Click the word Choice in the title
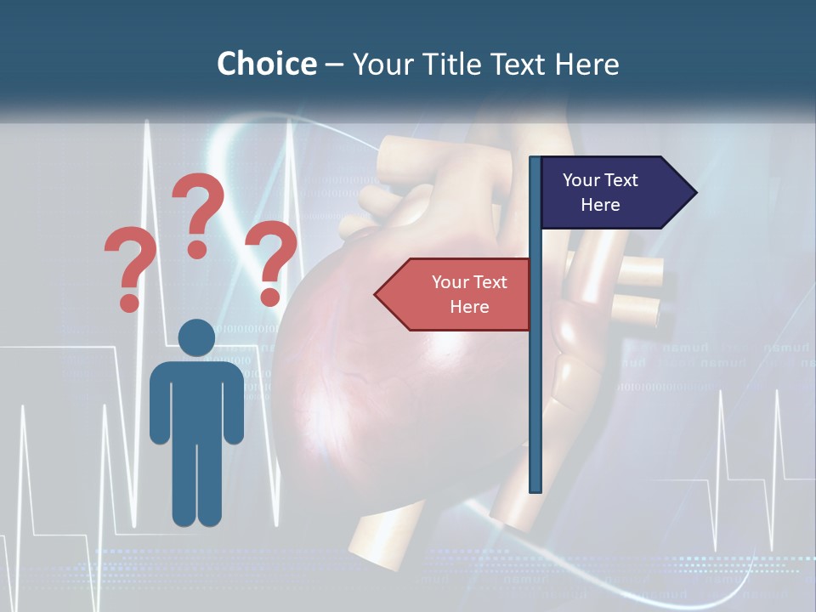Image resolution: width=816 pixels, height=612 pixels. (266, 64)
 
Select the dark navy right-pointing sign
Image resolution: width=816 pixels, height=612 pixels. (612, 193)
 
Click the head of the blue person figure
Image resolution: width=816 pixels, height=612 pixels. (197, 338)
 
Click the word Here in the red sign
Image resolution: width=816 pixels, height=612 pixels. (469, 307)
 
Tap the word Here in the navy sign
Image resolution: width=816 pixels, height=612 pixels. (600, 205)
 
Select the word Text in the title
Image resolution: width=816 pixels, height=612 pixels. (518, 64)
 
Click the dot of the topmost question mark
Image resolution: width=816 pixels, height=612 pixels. (197, 249)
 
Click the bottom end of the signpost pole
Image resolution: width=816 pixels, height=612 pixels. (535, 488)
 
